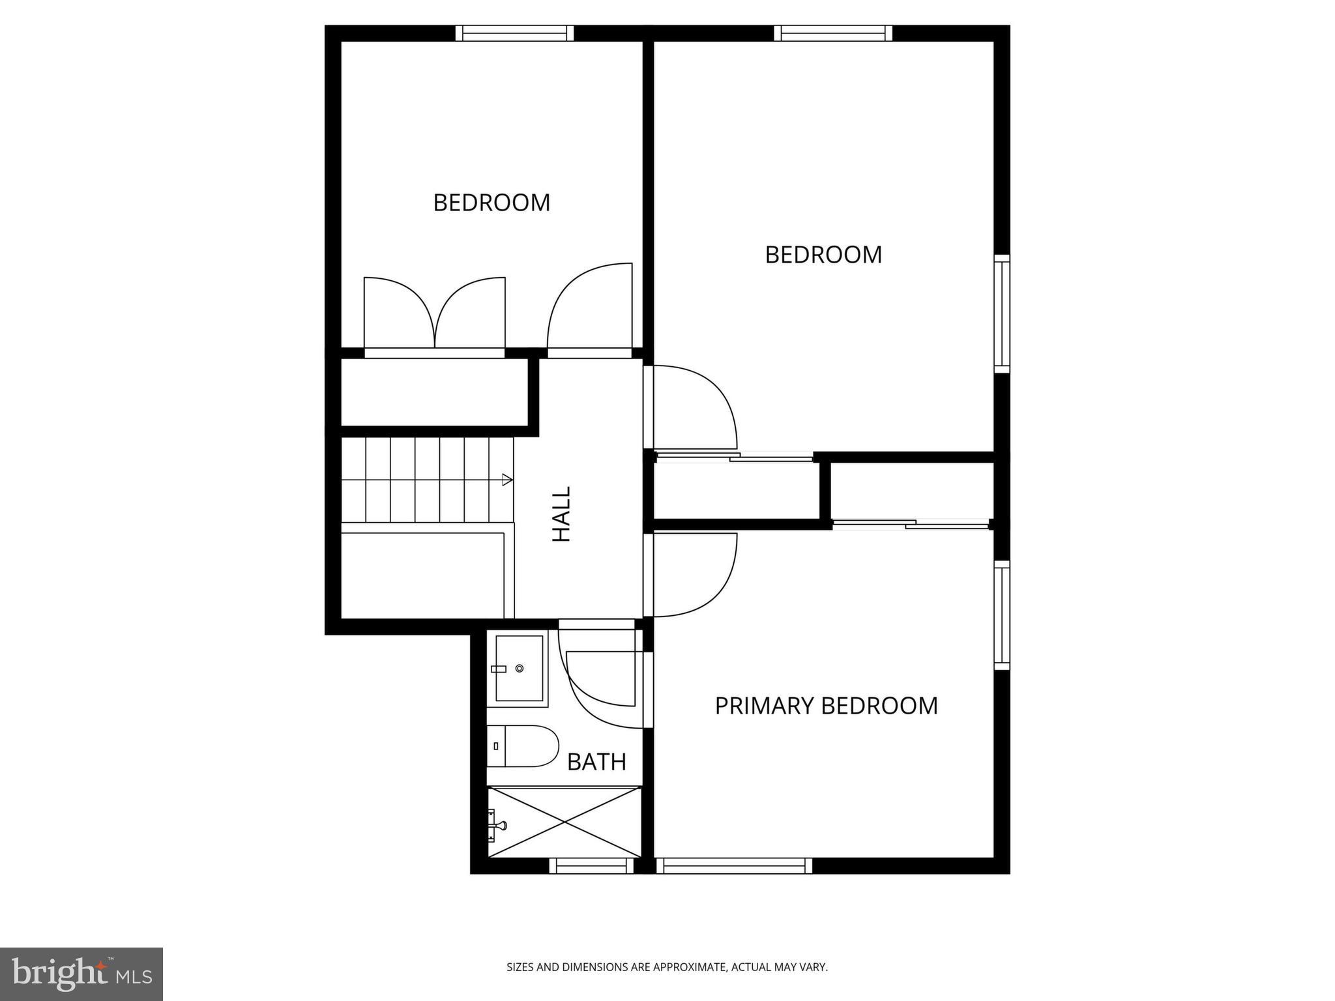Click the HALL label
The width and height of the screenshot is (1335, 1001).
[561, 514]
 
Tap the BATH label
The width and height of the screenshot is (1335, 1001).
[596, 761]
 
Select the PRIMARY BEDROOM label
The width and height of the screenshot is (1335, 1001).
[826, 706]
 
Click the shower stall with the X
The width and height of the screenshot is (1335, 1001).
[565, 822]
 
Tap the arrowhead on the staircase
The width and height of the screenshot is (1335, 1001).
[507, 480]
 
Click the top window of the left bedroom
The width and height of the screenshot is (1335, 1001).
[514, 33]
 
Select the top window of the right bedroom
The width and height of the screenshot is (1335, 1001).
[833, 33]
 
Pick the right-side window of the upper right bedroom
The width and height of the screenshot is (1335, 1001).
[1002, 314]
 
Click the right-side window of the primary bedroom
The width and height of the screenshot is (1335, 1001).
[1002, 615]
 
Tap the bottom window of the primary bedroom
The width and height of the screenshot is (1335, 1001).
[734, 865]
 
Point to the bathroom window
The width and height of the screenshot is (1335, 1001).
[591, 865]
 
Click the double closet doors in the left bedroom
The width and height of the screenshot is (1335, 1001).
[434, 316]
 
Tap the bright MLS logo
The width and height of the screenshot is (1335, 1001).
[81, 974]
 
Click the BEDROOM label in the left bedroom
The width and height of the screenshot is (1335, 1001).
[491, 203]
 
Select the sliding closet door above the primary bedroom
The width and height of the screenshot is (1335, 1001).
[911, 523]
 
